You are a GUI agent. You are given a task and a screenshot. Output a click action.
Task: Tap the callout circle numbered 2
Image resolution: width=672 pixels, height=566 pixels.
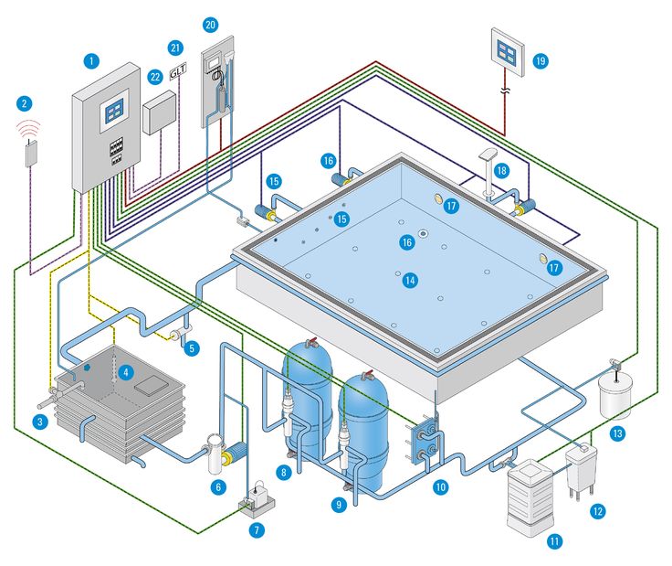tap(24, 103)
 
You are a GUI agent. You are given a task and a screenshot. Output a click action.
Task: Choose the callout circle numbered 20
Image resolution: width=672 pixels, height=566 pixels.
tap(211, 24)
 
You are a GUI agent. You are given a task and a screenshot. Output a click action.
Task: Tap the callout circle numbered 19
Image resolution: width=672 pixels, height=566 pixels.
tap(541, 60)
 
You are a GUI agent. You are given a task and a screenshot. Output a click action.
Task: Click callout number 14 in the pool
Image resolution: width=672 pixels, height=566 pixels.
tap(410, 281)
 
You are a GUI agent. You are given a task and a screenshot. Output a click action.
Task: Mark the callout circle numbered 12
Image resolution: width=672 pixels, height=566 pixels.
tap(597, 510)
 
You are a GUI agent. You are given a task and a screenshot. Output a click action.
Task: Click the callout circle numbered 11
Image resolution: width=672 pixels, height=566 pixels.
tap(553, 541)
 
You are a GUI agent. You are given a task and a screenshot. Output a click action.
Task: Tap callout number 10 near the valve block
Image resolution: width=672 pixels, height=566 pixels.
tap(440, 487)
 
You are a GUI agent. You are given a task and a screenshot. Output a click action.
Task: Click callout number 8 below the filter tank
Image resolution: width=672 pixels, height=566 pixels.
tap(285, 472)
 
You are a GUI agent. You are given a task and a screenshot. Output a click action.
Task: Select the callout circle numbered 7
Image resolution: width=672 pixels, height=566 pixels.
tap(257, 530)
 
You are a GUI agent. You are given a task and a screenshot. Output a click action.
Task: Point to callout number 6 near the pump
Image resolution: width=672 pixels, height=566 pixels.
tap(217, 487)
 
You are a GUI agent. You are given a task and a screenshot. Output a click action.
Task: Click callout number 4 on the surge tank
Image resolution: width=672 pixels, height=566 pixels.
tap(126, 372)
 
